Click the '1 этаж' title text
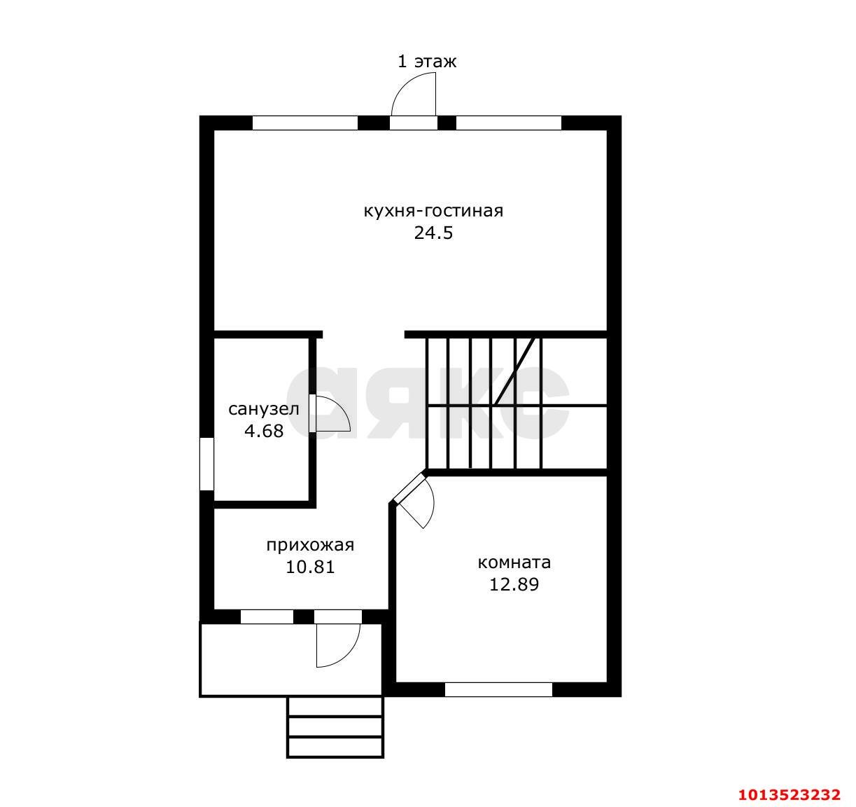tap(427, 62)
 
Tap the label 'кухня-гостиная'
tap(434, 212)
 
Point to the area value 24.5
tap(434, 233)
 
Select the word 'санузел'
tap(263, 409)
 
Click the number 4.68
tap(264, 431)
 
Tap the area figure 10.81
tap(310, 567)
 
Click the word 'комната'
tap(514, 563)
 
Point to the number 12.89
tap(514, 585)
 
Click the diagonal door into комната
tap(408, 488)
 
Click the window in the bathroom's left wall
tap(207, 464)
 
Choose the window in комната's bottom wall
tap(498, 689)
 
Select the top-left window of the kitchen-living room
tap(305, 123)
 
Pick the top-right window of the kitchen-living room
tap(509, 123)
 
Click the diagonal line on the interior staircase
tap(515, 372)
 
